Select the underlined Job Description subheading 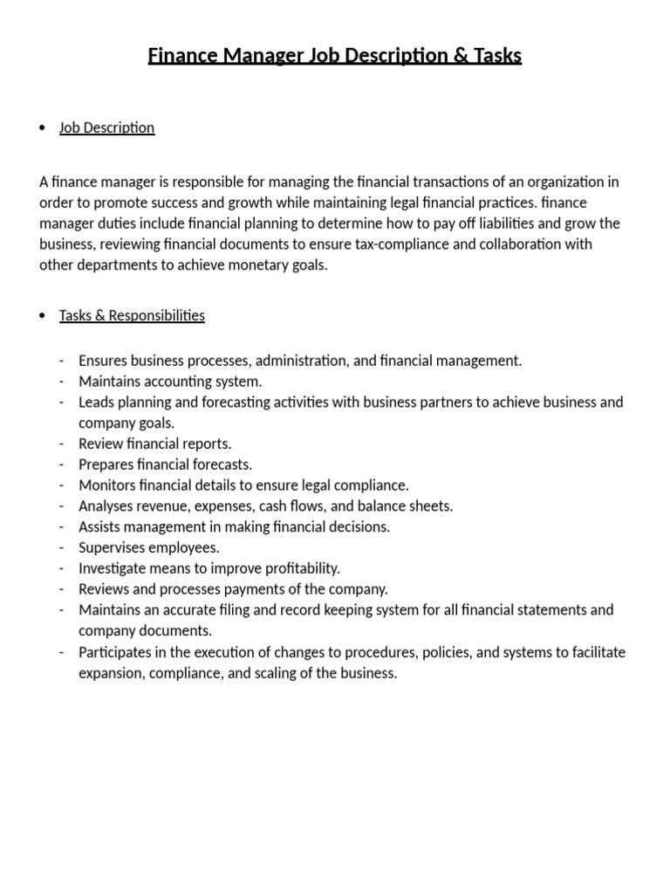(x=106, y=127)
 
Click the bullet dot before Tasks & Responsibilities (x=43, y=316)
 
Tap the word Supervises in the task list (x=113, y=547)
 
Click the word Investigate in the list (x=113, y=568)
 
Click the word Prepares (x=106, y=464)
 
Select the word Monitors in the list (x=108, y=485)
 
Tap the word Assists (x=101, y=526)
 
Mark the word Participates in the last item (x=117, y=652)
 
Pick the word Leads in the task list (x=96, y=402)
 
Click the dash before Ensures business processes (x=62, y=361)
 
